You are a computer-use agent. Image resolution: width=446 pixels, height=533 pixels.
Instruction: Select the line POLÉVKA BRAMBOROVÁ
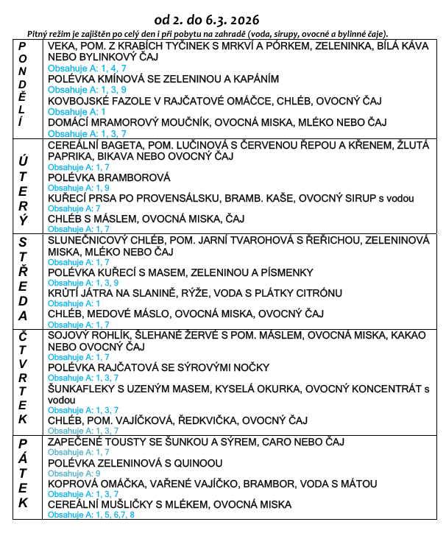point(109,177)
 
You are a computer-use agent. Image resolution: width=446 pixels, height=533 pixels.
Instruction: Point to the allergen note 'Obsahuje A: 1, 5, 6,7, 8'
point(91,515)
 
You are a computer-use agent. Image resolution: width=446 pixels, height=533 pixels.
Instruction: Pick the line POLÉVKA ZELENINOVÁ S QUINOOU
point(135,462)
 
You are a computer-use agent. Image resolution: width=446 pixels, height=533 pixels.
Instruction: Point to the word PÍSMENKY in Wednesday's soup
point(287,272)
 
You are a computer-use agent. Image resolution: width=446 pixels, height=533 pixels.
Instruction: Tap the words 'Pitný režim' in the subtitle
point(49,34)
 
